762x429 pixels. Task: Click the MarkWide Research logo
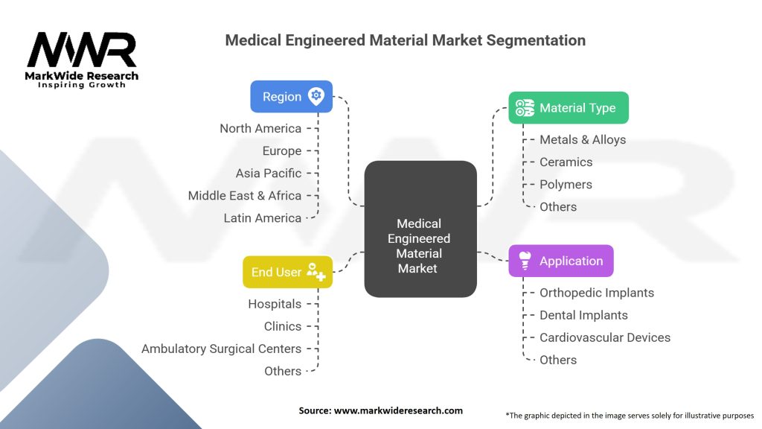(x=82, y=60)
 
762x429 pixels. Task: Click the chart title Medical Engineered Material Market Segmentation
(x=405, y=40)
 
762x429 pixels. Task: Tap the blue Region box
(x=291, y=96)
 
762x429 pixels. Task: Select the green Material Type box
(x=568, y=108)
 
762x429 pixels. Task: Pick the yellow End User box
(x=287, y=272)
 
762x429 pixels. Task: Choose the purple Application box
(x=560, y=261)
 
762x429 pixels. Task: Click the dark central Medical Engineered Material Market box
(x=420, y=229)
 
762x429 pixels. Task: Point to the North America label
(x=260, y=128)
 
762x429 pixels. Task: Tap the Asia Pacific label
(x=269, y=173)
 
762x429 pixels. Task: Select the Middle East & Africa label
(x=245, y=195)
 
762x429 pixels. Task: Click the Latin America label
(x=263, y=217)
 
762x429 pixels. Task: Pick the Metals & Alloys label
(x=583, y=139)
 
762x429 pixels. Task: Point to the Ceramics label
(x=566, y=162)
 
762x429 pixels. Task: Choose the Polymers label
(x=566, y=184)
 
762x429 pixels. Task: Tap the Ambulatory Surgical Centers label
(x=221, y=349)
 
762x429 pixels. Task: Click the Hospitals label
(x=275, y=304)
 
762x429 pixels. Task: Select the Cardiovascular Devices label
(x=605, y=337)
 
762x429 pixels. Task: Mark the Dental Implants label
(x=583, y=315)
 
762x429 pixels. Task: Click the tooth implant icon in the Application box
(x=525, y=260)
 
